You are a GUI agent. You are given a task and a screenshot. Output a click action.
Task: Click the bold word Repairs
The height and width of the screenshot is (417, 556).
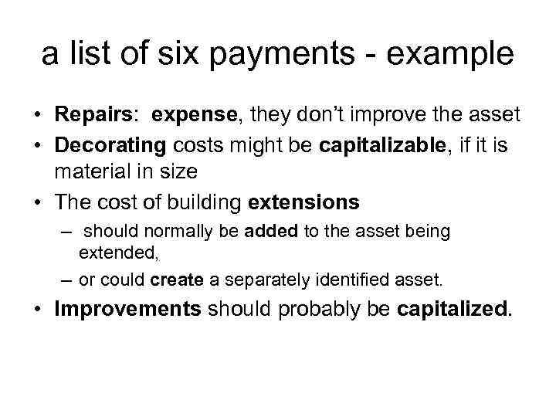[x=93, y=116]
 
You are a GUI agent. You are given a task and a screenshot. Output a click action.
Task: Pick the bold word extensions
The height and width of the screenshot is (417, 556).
[x=303, y=202]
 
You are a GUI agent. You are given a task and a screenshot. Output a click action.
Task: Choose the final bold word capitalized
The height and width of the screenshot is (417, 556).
[x=453, y=309]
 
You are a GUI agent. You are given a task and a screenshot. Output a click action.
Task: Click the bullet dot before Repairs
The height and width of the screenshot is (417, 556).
[x=37, y=117]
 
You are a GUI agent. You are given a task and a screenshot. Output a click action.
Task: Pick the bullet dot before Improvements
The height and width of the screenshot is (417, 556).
[x=37, y=309]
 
